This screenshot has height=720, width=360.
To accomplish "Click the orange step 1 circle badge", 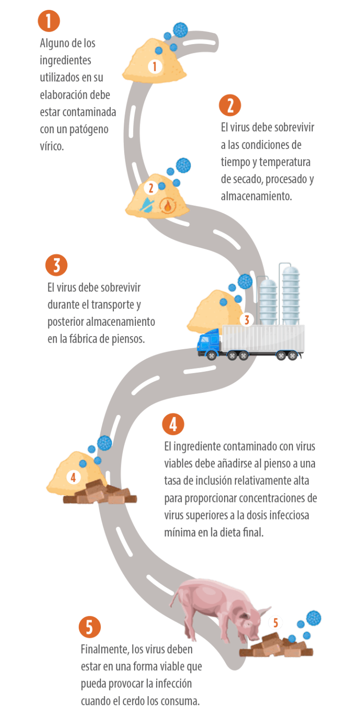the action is (49, 21).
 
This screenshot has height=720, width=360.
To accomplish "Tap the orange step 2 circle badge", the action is (230, 105).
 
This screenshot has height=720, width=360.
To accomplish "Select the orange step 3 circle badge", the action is (57, 265).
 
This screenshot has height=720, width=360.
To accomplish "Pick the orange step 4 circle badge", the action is (173, 424).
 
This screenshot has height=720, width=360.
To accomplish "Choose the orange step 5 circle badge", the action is (90, 627).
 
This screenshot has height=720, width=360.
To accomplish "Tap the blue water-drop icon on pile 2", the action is (147, 204).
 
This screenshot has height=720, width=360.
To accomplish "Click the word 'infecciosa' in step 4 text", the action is (289, 515).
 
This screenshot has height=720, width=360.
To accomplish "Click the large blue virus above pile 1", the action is (180, 30).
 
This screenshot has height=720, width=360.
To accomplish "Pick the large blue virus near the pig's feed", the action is (314, 618).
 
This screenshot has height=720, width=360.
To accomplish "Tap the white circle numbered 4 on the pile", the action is (73, 478).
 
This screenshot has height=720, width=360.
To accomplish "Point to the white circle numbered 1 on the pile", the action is (155, 66).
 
